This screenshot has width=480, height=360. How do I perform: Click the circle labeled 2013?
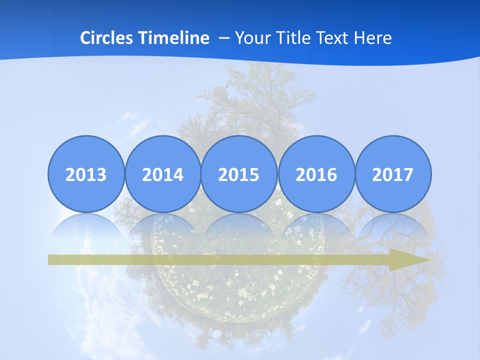86,174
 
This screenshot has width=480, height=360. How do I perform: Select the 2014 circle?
162,174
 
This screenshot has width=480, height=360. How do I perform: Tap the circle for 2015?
239,174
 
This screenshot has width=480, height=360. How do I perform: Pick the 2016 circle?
316,174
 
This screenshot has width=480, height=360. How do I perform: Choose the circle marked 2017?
393,174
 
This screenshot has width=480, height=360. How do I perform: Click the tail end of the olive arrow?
52,260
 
